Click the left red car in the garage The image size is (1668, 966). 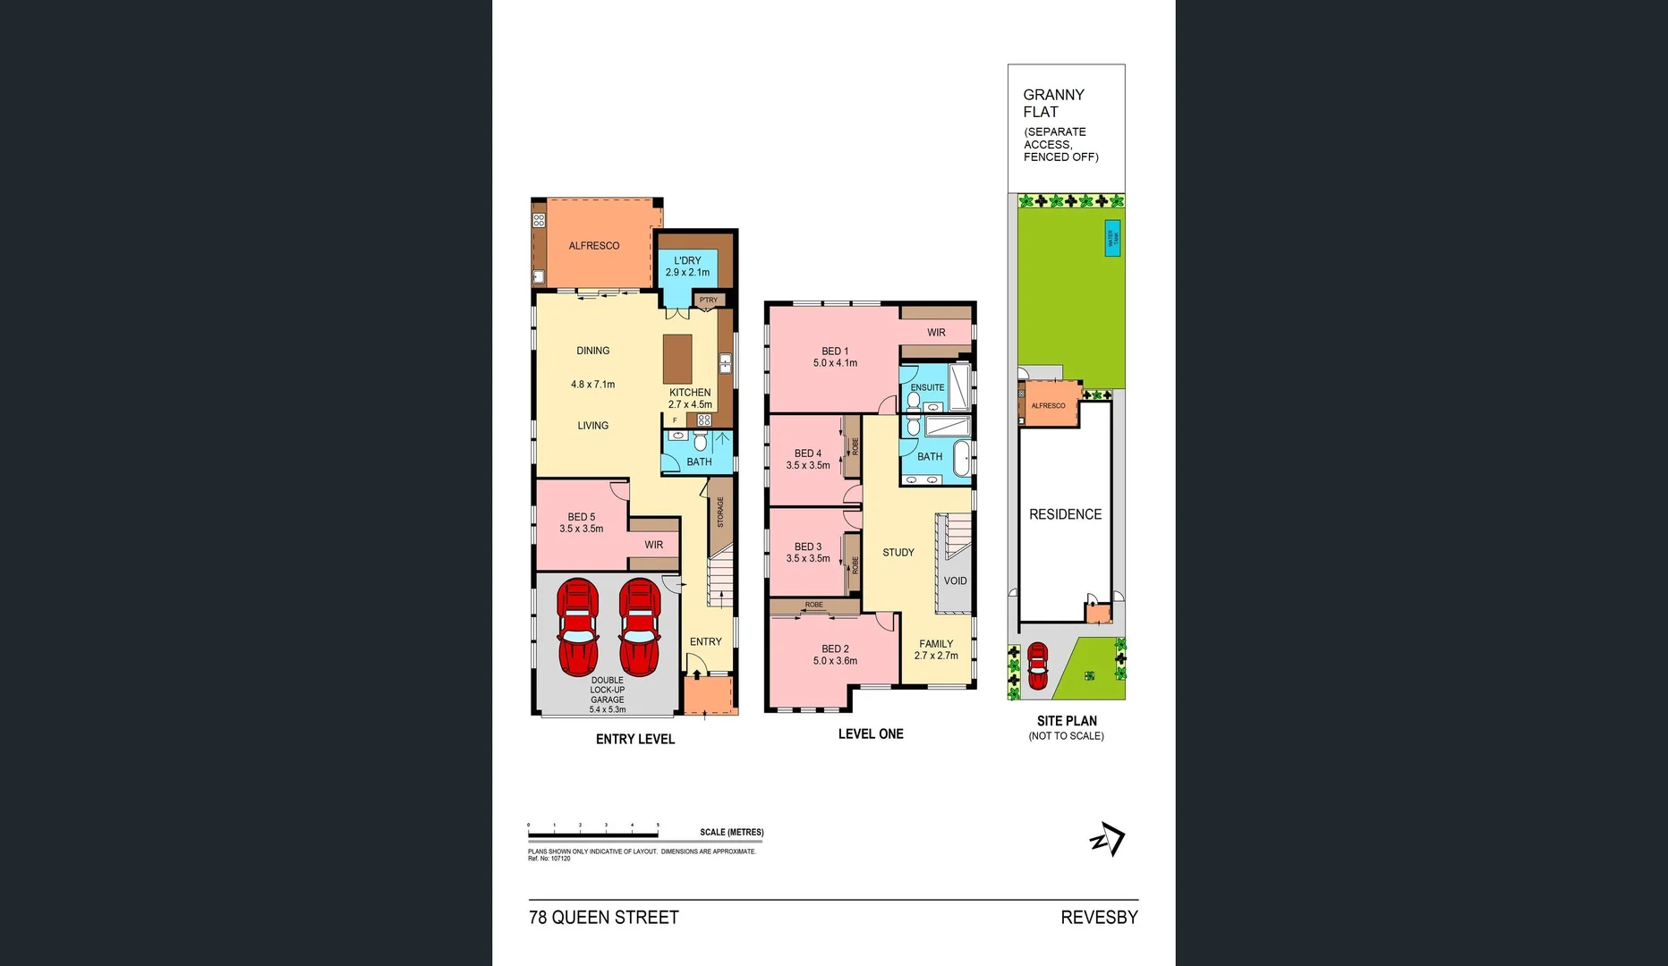(578, 627)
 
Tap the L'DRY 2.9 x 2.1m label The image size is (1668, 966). (687, 267)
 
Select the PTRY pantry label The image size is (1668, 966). (708, 301)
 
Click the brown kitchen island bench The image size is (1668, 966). (677, 359)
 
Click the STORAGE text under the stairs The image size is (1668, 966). (720, 512)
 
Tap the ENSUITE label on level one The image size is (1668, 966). (927, 387)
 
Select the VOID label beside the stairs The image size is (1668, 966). (955, 580)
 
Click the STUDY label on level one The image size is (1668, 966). (898, 553)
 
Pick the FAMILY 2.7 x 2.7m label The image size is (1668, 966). (936, 649)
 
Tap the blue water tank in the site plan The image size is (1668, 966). (1112, 238)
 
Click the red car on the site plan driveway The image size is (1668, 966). (1037, 665)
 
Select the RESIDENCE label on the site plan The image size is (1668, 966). (1065, 514)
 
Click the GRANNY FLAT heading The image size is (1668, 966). (1053, 103)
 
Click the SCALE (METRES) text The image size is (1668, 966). (731, 832)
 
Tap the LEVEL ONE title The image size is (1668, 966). (871, 733)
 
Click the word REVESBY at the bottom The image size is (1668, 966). (1099, 917)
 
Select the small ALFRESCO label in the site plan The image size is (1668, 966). (1048, 406)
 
